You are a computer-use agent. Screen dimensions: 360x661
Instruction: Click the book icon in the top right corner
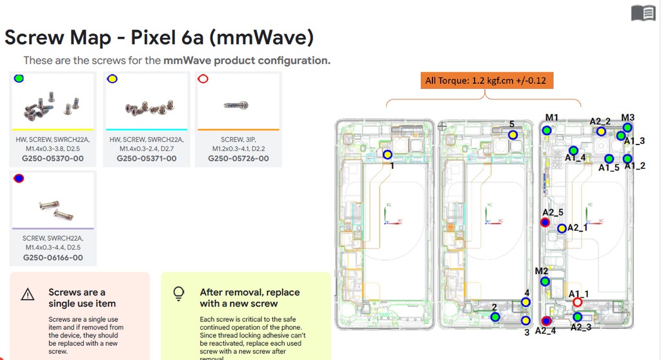pos(643,13)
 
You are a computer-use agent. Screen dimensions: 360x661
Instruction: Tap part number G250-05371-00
pos(146,158)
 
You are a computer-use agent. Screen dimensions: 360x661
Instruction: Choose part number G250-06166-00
pos(52,257)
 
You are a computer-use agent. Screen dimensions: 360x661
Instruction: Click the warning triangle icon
pos(28,295)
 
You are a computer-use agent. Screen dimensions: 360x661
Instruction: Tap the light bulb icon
pos(179,294)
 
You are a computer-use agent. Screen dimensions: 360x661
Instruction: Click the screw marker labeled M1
pos(547,130)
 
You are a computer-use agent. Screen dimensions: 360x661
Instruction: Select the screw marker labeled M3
pos(627,128)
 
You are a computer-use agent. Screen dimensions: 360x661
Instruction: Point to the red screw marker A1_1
pos(577,303)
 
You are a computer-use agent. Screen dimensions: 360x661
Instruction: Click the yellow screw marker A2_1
pos(562,228)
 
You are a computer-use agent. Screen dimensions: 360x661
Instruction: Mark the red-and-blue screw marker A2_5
pos(545,223)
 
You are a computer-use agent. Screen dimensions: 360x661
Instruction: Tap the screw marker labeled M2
pos(545,282)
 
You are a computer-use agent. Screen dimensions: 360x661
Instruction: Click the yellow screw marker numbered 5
pos(513,135)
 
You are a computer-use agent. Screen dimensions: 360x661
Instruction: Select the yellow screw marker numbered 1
pos(387,155)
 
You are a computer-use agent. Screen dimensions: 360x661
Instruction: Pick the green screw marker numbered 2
pos(495,317)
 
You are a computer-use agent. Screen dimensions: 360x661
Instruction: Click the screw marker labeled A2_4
pos(547,321)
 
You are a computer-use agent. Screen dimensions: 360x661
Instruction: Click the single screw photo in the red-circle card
pos(237,105)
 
